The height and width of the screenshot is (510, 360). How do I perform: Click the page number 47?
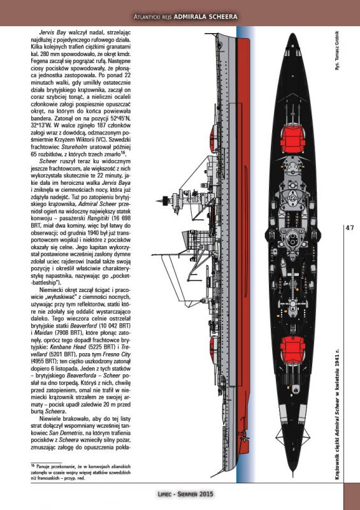point(350,228)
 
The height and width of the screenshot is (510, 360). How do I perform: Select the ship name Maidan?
point(43,333)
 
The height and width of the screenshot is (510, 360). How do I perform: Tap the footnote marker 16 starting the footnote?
point(32,466)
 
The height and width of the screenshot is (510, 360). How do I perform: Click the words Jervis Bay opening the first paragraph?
point(52,33)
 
